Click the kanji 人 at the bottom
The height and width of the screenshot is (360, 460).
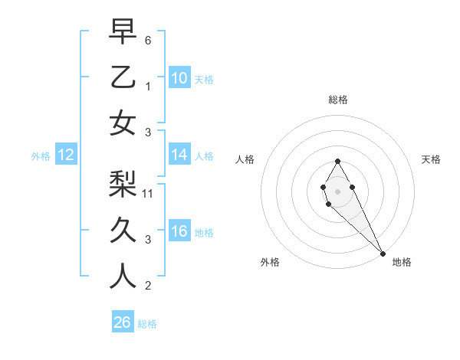click(123, 277)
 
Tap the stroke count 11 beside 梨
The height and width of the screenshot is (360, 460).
click(149, 194)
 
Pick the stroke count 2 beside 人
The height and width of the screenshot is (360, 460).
click(148, 286)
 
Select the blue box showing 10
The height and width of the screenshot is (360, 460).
click(179, 78)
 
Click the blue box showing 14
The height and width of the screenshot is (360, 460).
click(179, 155)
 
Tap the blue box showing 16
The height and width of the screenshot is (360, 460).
click(179, 232)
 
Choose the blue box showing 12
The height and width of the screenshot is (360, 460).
click(65, 155)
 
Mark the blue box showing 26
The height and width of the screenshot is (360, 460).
click(122, 322)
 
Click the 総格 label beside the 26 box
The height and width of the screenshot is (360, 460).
click(147, 324)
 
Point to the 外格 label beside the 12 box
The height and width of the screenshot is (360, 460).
click(41, 156)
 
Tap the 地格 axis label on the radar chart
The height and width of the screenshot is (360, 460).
click(402, 262)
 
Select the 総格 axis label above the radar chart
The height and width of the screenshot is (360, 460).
click(337, 100)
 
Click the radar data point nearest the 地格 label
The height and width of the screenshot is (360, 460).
click(383, 254)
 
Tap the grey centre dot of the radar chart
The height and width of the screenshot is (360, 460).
click(337, 191)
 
